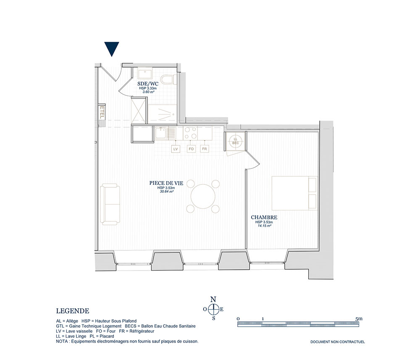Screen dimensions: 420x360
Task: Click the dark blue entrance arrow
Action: coord(111,49)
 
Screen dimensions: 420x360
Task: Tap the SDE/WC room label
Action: coord(148,84)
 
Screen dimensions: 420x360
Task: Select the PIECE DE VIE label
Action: coord(166,183)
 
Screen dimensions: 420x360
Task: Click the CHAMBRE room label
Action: coord(264,218)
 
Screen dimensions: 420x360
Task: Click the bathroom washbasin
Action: coord(145,73)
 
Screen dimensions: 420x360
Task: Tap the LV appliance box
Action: coord(176,149)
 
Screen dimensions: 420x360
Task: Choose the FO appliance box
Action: coord(191,149)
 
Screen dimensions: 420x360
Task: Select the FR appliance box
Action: coord(205,149)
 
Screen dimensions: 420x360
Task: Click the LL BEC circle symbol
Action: coord(236,141)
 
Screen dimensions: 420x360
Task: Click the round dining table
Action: coord(203,196)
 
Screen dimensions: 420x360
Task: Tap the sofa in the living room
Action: coord(110,204)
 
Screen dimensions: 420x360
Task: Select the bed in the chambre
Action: coord(295,193)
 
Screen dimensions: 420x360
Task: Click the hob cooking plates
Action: coord(190,133)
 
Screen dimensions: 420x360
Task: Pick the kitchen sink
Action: coord(165,134)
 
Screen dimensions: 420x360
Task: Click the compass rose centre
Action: coord(213,309)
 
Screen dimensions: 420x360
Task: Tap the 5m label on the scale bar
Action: coord(359,319)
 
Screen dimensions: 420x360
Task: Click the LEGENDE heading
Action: coord(73,311)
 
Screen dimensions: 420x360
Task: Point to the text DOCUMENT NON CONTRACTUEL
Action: coord(338,342)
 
